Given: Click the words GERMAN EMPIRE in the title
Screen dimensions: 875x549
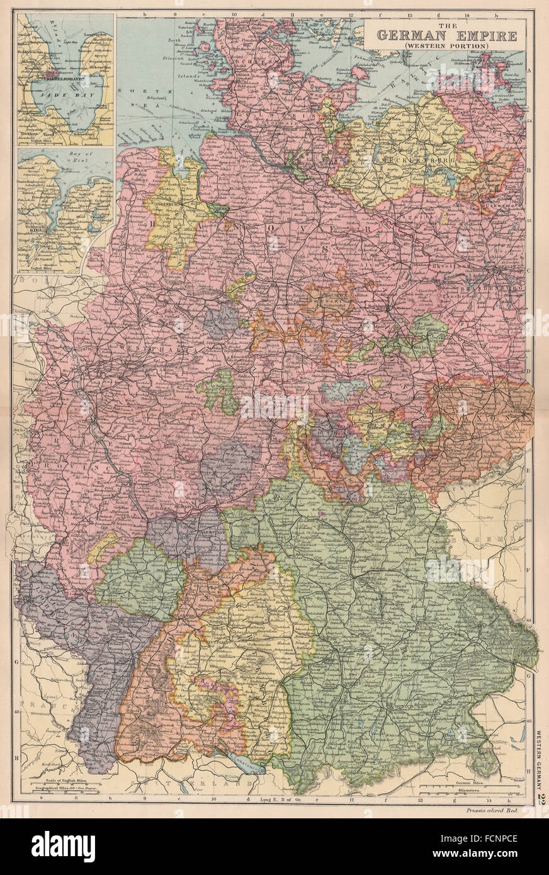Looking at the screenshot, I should coord(446,35).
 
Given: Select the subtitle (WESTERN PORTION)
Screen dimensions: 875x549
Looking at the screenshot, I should coord(446,46).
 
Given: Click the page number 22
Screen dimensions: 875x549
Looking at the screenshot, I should coord(540,798).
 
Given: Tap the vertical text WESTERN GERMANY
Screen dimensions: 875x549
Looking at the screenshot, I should coord(540,759).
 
